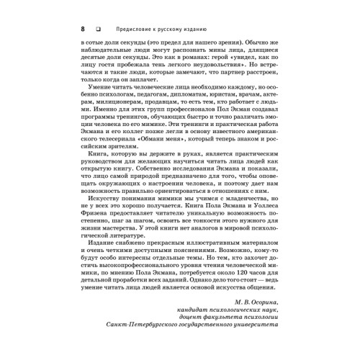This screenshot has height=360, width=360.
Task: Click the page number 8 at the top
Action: (x=76, y=29)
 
